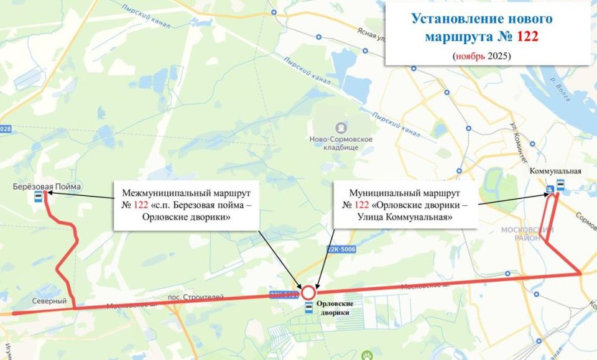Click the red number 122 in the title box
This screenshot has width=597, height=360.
click(x=527, y=37)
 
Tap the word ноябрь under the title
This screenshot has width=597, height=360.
click(x=470, y=56)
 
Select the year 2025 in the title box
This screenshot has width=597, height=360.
click(x=498, y=56)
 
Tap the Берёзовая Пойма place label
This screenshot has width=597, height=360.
click(x=47, y=186)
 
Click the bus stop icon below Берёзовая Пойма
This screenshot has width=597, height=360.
click(x=39, y=198)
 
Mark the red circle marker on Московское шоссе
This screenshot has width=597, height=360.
click(x=308, y=292)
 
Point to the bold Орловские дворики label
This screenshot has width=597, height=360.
click(x=335, y=308)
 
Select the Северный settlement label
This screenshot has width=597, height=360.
click(x=50, y=301)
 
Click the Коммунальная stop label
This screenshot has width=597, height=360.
click(x=555, y=171)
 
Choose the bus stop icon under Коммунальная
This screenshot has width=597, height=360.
click(x=560, y=184)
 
